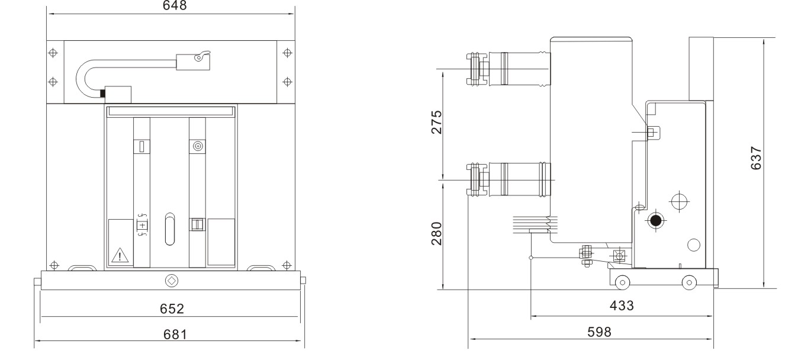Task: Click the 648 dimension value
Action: click(x=175, y=5)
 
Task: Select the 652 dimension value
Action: click(x=172, y=308)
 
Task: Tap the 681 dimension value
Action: click(x=175, y=334)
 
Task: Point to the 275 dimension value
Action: click(x=437, y=122)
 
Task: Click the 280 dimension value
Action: click(x=437, y=234)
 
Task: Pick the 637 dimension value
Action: click(x=756, y=158)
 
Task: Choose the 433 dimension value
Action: click(x=622, y=306)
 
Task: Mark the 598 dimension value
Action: click(x=599, y=332)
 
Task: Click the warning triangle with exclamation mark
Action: click(x=120, y=255)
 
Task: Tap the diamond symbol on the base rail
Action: click(x=172, y=281)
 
